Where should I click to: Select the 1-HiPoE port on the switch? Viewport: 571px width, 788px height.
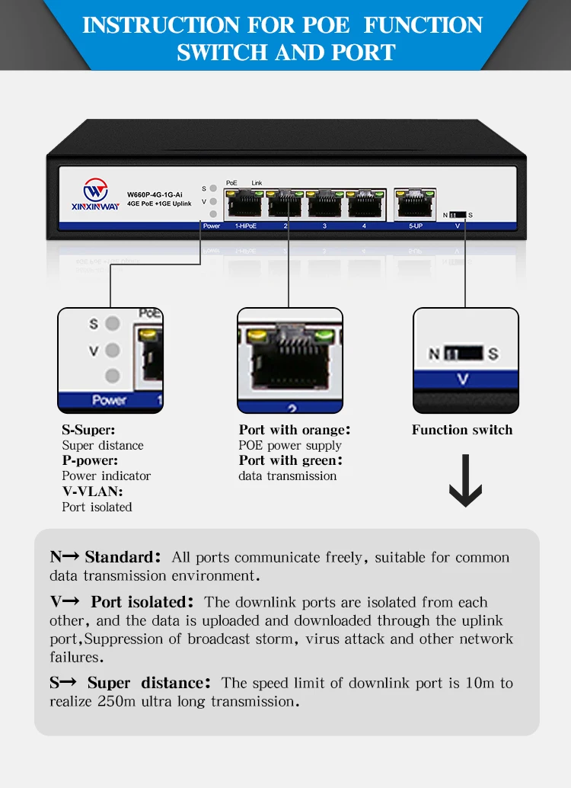[245, 205]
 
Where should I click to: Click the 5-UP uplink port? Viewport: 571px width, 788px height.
[415, 203]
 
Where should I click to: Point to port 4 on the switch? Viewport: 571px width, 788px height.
[364, 205]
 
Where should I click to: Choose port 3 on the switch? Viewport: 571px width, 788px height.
[325, 205]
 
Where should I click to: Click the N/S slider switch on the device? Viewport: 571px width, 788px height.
[457, 215]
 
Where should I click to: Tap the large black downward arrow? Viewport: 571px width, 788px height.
[465, 482]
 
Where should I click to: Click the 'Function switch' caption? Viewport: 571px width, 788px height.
[462, 430]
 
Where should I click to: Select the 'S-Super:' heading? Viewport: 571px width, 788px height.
[88, 430]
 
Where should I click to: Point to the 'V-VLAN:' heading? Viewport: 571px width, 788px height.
[92, 492]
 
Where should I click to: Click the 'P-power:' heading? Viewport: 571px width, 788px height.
[91, 460]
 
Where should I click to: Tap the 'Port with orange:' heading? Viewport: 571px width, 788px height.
[295, 430]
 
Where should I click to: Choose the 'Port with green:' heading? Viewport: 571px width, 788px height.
[291, 460]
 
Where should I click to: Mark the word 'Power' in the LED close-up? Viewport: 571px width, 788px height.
[109, 400]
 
